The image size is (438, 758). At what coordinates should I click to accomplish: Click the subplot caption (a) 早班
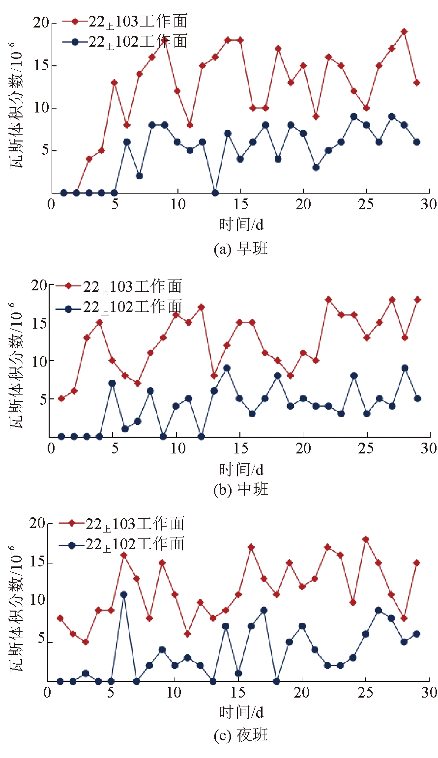(x=241, y=249)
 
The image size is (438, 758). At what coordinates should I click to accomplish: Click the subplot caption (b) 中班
(x=241, y=490)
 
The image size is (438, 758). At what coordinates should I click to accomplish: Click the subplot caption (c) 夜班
(x=241, y=735)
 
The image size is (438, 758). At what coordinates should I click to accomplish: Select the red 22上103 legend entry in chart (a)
(x=125, y=21)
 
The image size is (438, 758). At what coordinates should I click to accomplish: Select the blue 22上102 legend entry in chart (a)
(x=125, y=42)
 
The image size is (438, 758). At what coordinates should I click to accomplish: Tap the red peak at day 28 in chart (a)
(x=404, y=32)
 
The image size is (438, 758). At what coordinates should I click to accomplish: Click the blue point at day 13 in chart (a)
(x=215, y=193)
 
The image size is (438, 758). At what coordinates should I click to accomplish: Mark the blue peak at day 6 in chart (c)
(x=124, y=594)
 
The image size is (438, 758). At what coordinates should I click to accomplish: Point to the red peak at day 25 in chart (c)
(x=366, y=539)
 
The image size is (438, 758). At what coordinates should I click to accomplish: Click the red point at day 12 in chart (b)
(x=201, y=308)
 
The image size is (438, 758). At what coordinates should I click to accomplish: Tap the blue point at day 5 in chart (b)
(x=112, y=383)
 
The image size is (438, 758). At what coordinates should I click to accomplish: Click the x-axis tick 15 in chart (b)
(x=239, y=449)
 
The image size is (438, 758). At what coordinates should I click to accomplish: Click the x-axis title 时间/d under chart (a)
(x=241, y=224)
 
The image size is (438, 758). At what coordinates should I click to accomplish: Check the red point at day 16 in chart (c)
(x=251, y=547)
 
